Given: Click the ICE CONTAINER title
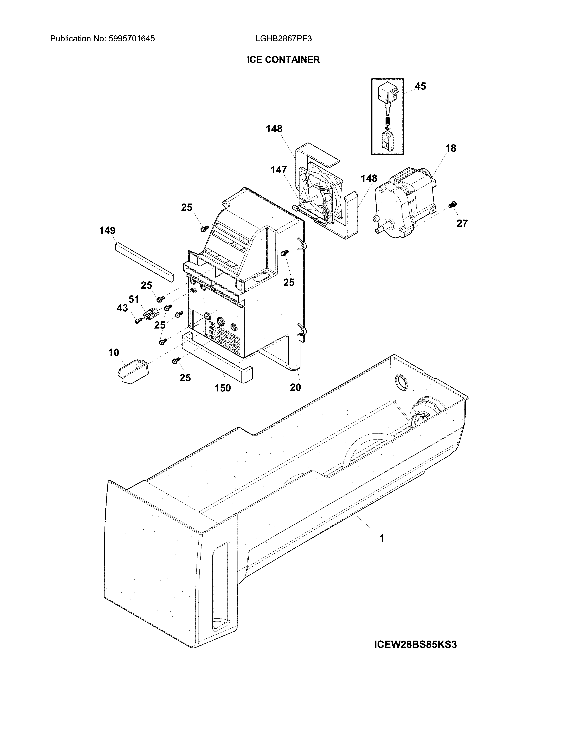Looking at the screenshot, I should [x=283, y=60].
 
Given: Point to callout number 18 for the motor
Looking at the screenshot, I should [x=450, y=148].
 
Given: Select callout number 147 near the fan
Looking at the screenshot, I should [x=279, y=170].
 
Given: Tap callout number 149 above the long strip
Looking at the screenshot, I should [x=107, y=231].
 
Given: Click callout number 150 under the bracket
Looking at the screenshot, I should [x=223, y=388].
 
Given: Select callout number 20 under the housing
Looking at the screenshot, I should [x=295, y=387].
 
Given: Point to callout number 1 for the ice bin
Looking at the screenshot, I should [x=382, y=538].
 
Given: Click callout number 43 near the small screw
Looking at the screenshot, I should [x=122, y=308].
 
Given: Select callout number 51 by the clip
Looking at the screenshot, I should [x=134, y=299].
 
